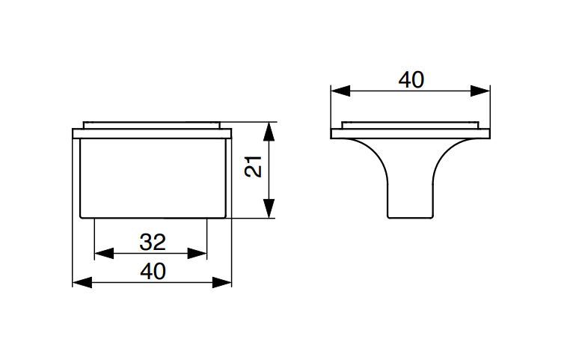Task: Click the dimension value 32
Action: tap(152, 242)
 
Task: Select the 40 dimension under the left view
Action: tap(152, 272)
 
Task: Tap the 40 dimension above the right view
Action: tap(411, 80)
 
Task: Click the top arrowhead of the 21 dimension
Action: tap(270, 132)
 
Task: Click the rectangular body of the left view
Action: tap(152, 177)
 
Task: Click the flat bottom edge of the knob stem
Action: tap(410, 218)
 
